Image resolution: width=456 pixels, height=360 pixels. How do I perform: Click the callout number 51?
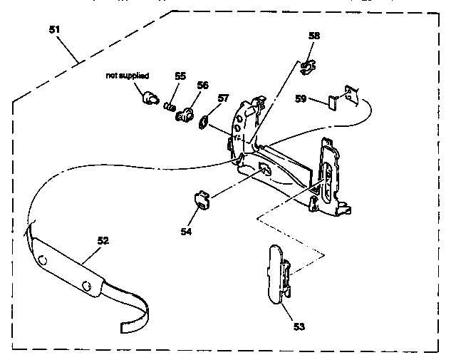pos(54,30)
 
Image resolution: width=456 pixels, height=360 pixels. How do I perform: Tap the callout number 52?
pos(103,241)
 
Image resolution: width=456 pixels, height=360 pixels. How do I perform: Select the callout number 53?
pos(299,326)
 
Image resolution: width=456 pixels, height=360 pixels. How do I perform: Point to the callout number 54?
pos(186,232)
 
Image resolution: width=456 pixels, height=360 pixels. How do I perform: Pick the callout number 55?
pos(180,76)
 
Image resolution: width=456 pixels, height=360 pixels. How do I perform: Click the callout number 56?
pos(202,85)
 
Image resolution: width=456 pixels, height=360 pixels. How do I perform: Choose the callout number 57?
pos(223,98)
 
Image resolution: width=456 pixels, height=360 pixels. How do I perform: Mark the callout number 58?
pos(314,36)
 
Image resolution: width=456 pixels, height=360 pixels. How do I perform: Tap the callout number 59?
pos(301,98)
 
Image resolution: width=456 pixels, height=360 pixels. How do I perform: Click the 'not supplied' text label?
pos(128,76)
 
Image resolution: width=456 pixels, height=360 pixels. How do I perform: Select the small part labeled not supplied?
pos(150,98)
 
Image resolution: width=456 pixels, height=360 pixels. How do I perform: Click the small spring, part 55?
pos(170,107)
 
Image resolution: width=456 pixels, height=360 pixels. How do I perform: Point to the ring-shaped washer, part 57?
pos(203,122)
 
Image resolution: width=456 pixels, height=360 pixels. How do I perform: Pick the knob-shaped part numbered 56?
pos(185,115)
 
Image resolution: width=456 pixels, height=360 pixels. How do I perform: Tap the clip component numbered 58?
pos(308,67)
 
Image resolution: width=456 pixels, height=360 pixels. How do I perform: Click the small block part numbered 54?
pos(202,200)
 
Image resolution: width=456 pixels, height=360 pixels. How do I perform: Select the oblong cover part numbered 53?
pos(279,274)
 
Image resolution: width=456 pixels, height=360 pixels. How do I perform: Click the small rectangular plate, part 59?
pos(333,103)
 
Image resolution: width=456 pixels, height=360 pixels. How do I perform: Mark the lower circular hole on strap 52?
pos(86,286)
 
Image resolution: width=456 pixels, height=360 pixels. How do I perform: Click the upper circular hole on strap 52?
pos(43,260)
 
